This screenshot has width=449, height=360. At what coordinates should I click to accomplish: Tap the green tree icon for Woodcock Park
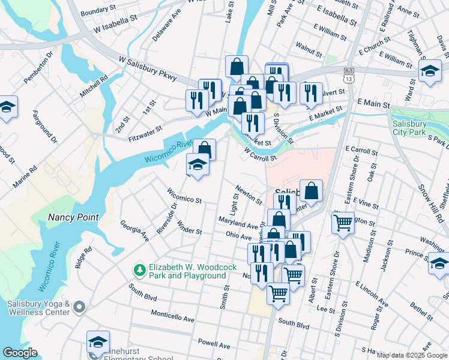pos(139,271)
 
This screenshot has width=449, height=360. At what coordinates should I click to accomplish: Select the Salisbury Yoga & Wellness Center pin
pos(79,308)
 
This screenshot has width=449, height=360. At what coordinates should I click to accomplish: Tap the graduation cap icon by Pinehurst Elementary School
pos(98,343)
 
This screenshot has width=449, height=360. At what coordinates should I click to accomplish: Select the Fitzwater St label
pos(145,134)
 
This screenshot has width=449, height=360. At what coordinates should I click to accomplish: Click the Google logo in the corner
pos(20,353)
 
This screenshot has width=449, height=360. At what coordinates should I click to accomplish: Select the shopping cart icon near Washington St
pos(343,224)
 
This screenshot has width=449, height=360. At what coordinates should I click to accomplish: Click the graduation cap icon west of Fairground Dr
pos(7,107)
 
